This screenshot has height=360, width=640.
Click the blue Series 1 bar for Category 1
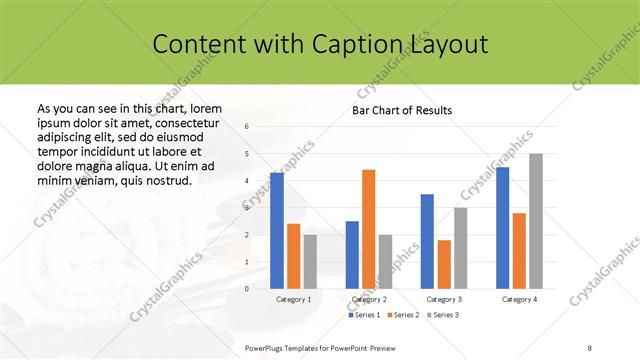277,231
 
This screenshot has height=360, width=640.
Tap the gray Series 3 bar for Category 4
536,221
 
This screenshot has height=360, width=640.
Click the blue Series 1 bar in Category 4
502,228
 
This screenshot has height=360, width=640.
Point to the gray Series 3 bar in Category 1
310,262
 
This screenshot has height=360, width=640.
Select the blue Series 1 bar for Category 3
427,241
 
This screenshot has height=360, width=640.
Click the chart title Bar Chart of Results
401,110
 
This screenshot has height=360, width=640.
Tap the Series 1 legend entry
364,315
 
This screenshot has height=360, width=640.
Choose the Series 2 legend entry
402,315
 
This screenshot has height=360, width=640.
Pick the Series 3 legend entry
440,315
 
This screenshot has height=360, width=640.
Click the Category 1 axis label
294,299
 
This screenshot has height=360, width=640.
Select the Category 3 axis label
443,299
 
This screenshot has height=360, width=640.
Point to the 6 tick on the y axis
247,127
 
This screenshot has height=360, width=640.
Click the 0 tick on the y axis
247,289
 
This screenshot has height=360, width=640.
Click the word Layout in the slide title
450,45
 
